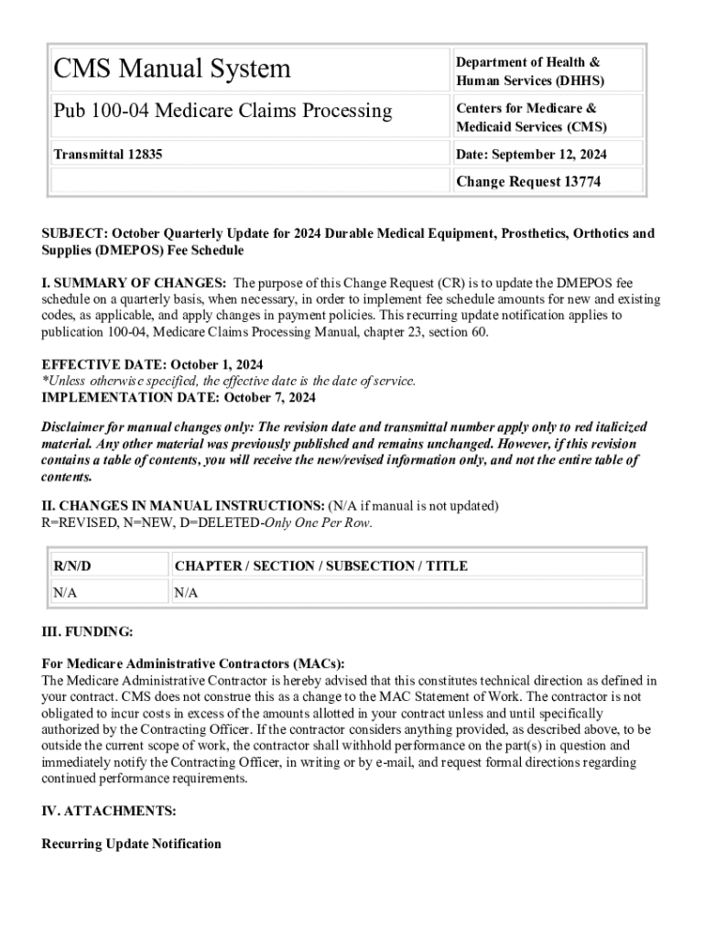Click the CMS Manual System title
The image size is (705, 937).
pyautogui.click(x=172, y=69)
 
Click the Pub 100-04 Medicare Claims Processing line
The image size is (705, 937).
pyautogui.click(x=222, y=112)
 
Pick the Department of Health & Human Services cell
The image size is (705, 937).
pyautogui.click(x=530, y=71)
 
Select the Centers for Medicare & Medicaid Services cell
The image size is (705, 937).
pyautogui.click(x=531, y=117)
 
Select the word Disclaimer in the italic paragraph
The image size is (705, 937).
pyautogui.click(x=77, y=427)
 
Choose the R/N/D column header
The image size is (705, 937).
pyautogui.click(x=72, y=565)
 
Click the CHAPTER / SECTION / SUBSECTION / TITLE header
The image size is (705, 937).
pyautogui.click(x=320, y=565)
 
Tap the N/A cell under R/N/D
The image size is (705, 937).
pyautogui.click(x=65, y=592)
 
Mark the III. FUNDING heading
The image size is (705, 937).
pyautogui.click(x=87, y=632)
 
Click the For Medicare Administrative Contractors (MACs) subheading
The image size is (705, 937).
pyautogui.click(x=193, y=663)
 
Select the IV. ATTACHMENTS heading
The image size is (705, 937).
pyautogui.click(x=109, y=811)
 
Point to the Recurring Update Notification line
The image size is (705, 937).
pyautogui.click(x=131, y=843)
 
